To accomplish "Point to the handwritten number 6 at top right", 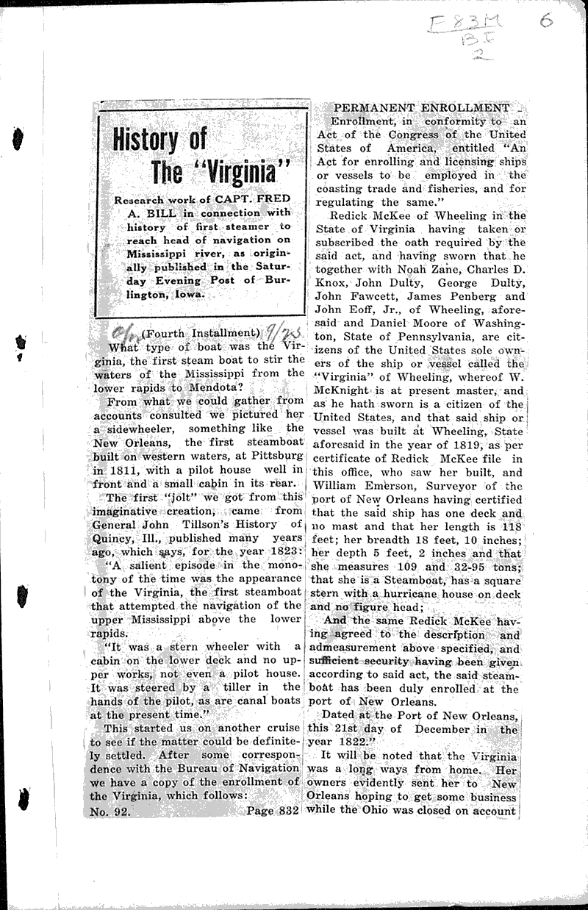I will [545, 21].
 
